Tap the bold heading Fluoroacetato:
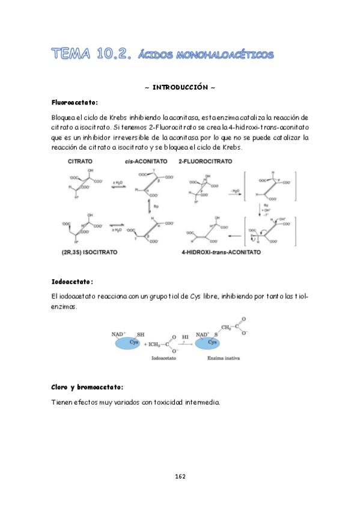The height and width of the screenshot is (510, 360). point(76,102)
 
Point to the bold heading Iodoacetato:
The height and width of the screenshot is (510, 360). point(73,281)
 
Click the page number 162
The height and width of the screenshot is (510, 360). point(180,476)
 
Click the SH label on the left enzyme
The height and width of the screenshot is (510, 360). point(140,334)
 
